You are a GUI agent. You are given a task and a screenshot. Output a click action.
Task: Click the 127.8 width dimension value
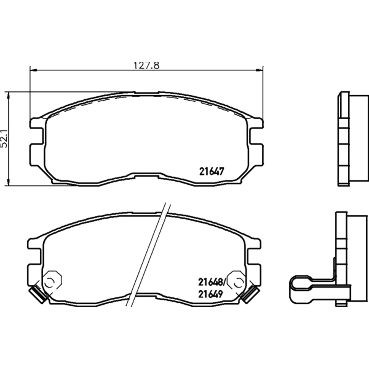[x=146, y=65]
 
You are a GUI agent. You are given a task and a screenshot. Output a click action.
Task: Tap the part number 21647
[x=211, y=171]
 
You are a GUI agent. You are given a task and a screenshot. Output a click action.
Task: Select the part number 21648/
[x=212, y=282]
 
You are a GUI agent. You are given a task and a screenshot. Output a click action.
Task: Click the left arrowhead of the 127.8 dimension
[x=33, y=70]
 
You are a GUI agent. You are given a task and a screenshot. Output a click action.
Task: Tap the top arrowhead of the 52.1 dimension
[x=8, y=95]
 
